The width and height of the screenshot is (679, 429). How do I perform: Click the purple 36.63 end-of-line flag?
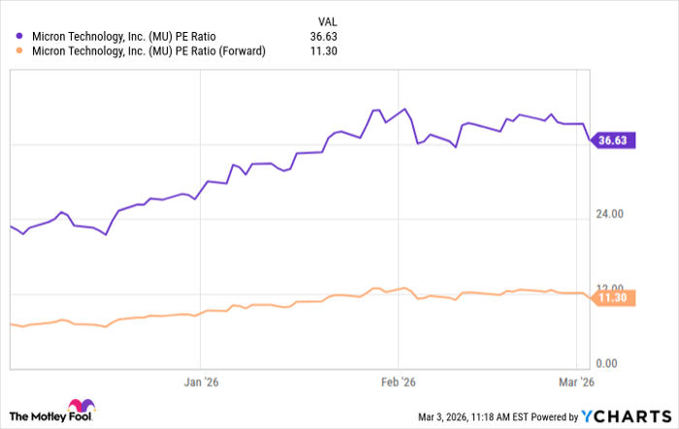(x=612, y=140)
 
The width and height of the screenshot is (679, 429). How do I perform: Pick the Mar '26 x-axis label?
(x=578, y=383)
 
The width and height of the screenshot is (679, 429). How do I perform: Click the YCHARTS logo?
(x=625, y=415)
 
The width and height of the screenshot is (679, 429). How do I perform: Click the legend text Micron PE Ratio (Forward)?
(x=148, y=51)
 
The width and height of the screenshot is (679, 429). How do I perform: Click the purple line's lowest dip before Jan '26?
(x=106, y=234)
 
